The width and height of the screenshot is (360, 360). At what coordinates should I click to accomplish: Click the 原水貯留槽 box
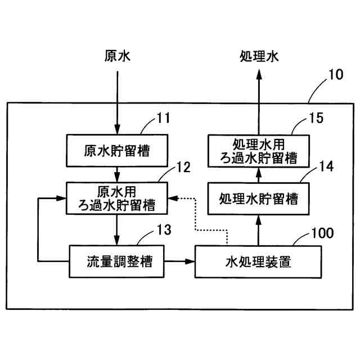point(118,150)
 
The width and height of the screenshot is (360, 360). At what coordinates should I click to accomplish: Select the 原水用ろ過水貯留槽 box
point(118,198)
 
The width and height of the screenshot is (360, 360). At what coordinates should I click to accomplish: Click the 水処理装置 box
point(258,261)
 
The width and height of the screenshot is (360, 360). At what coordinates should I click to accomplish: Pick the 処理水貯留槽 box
point(258,198)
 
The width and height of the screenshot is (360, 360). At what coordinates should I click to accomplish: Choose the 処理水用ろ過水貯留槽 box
point(258,150)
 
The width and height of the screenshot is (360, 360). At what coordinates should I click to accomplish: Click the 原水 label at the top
point(118,57)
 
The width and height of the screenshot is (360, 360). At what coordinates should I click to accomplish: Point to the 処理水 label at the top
point(259,57)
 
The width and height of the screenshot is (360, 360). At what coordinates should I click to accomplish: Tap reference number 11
point(163,119)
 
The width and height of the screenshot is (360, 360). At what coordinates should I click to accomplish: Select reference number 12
point(183,167)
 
